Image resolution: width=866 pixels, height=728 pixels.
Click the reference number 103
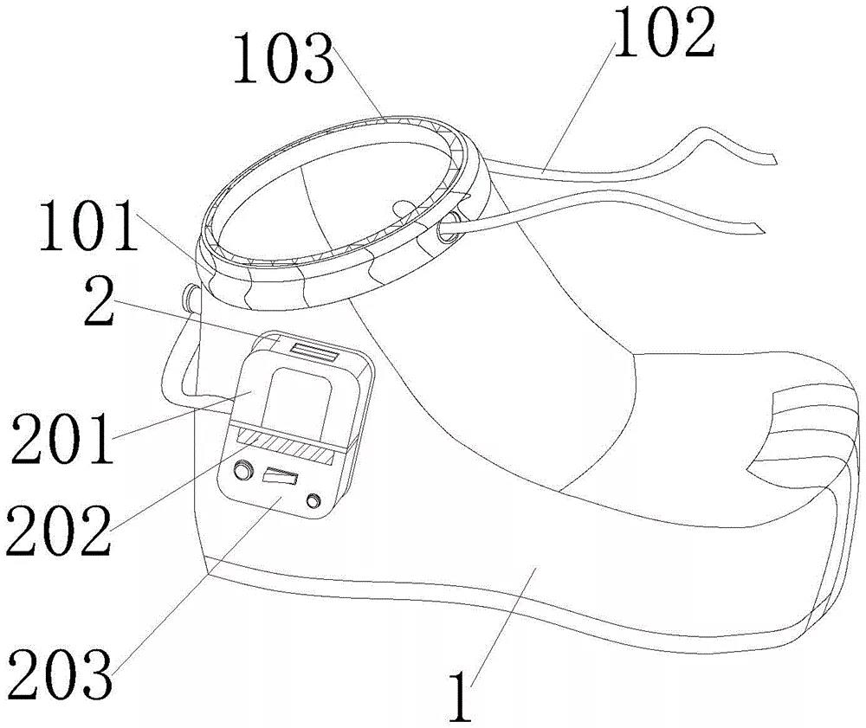(284, 58)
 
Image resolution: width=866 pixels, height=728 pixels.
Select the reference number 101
(87, 226)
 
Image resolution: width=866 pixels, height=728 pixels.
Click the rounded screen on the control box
(299, 397)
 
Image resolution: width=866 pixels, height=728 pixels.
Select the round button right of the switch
(313, 501)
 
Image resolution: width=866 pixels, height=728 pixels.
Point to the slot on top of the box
(315, 351)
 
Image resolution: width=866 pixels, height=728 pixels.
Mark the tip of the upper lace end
(775, 160)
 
